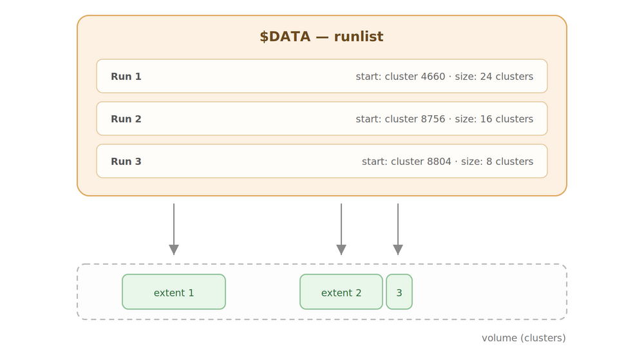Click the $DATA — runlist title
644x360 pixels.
tap(321, 37)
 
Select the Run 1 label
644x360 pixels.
tap(126, 77)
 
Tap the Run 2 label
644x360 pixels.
tap(126, 119)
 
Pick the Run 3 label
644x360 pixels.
tap(126, 162)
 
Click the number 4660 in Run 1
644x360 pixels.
tap(430, 77)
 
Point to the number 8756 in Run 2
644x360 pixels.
tap(430, 119)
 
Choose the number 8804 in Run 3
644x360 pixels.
tap(436, 162)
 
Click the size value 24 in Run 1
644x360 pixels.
tap(486, 77)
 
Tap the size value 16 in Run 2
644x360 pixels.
tap(486, 119)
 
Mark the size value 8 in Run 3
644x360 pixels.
tap(489, 162)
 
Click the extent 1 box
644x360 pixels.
tap(174, 292)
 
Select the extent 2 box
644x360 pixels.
tap(341, 292)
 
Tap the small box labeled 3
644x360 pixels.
tap(399, 292)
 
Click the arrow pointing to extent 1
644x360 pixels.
tap(174, 229)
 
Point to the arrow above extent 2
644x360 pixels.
tap(341, 229)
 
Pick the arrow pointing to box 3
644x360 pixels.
tap(398, 229)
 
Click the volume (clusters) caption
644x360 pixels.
tap(524, 338)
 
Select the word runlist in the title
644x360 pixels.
tap(359, 37)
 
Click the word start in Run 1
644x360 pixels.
tap(367, 77)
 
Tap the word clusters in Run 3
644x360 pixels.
tap(514, 162)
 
